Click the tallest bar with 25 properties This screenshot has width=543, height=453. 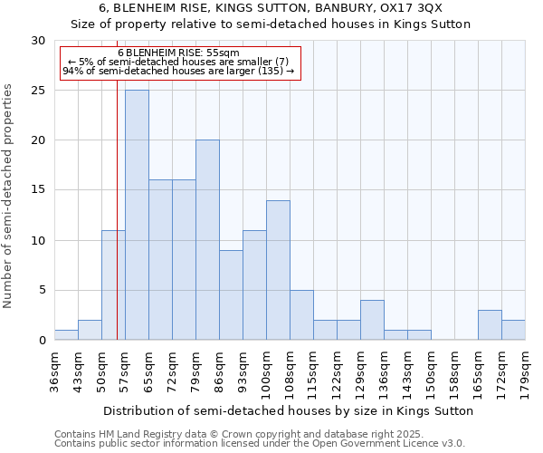click(137, 215)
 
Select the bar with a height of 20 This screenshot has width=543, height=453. click(207, 240)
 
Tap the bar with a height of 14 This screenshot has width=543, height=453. click(278, 270)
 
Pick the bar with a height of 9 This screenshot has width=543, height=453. click(231, 294)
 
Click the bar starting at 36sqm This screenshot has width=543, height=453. click(66, 335)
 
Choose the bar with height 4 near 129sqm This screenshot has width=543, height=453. click(372, 320)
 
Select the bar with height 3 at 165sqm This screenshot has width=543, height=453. click(490, 324)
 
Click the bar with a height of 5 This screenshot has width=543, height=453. click(301, 314)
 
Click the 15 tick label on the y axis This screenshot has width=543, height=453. click(38, 190)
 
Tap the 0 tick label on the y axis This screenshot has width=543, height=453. click(42, 340)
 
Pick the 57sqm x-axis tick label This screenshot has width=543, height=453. click(125, 371)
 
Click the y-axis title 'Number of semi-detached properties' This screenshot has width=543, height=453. click(9, 196)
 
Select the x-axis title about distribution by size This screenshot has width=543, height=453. click(289, 410)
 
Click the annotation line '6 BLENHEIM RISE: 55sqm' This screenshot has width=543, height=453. click(178, 53)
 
